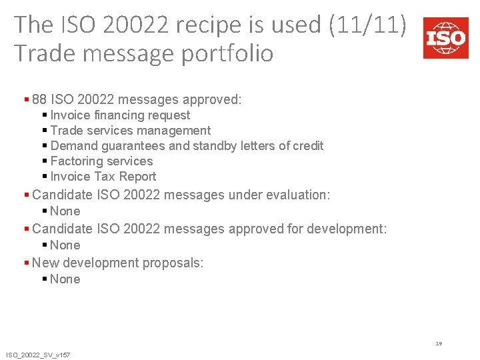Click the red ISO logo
click(x=445, y=39)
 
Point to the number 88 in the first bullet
click(x=39, y=100)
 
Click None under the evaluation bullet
click(x=65, y=211)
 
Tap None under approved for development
click(x=65, y=245)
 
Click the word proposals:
click(x=173, y=263)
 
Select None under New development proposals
click(x=65, y=279)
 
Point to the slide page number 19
click(x=439, y=344)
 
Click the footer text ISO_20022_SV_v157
click(x=38, y=355)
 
